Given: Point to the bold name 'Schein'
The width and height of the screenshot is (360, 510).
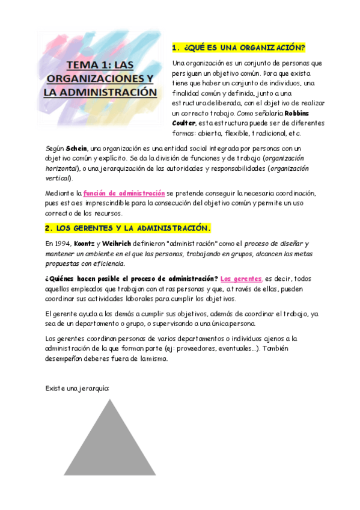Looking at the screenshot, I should click(76, 148).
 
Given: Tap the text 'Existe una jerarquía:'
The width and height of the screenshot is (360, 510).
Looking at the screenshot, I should click(76, 388).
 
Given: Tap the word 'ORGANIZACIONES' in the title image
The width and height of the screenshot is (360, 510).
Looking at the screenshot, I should click(99, 79).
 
